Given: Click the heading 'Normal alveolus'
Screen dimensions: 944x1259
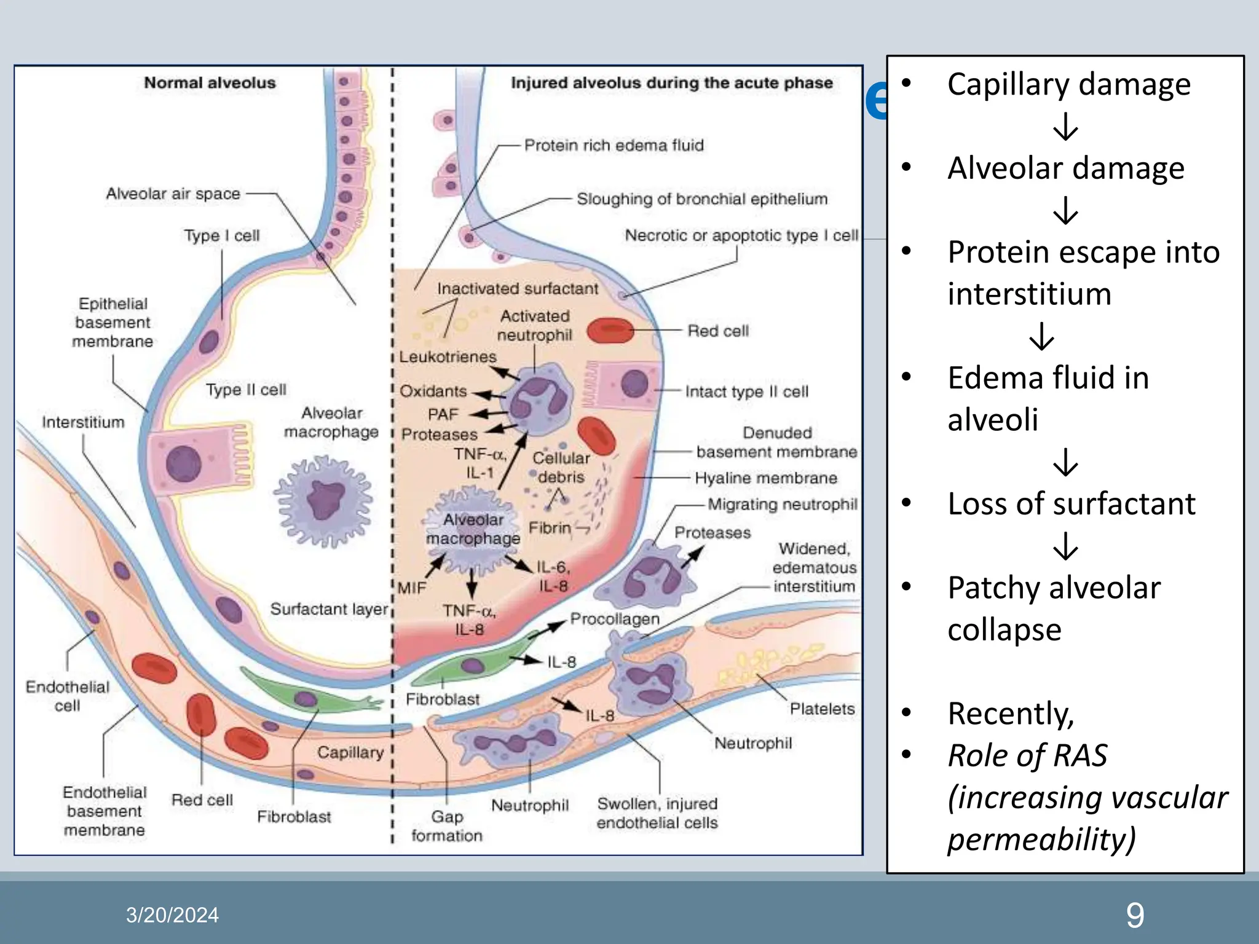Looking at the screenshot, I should coord(210,83).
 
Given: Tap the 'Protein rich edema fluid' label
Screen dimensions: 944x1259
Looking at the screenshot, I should coord(614,146).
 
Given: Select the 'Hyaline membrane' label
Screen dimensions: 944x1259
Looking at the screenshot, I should coord(765,478).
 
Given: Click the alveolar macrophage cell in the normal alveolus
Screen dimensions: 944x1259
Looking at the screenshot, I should coord(323,501).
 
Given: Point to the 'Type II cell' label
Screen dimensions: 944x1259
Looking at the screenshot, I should coord(246,390).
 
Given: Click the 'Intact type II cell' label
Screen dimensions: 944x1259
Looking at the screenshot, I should coord(746,391).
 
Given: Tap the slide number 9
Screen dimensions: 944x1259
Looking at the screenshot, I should coord(1135,915).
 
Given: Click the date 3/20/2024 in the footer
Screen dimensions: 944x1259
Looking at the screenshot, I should coord(172,915).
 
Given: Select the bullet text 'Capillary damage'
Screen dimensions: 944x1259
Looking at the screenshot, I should coord(1068,84).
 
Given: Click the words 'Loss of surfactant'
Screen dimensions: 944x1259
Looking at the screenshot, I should coord(1071,504).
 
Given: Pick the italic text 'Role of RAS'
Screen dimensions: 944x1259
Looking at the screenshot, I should coord(1027,755).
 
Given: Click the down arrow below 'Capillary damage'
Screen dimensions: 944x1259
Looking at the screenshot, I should coord(1065,127).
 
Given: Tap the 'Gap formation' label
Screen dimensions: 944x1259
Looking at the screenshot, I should coord(447,826).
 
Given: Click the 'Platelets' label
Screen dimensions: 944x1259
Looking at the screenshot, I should coord(822,709).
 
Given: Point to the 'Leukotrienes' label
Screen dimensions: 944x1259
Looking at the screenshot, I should coord(448,356).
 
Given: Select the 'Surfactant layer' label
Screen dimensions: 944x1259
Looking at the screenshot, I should coord(329,609).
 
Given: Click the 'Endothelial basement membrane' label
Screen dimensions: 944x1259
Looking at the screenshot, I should coord(105,811).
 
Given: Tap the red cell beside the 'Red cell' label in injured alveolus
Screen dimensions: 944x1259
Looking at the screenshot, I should coord(610,330).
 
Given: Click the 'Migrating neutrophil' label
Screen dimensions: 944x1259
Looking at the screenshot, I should coord(782,505).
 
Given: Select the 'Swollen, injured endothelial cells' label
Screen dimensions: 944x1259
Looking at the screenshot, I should coord(657,813).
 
